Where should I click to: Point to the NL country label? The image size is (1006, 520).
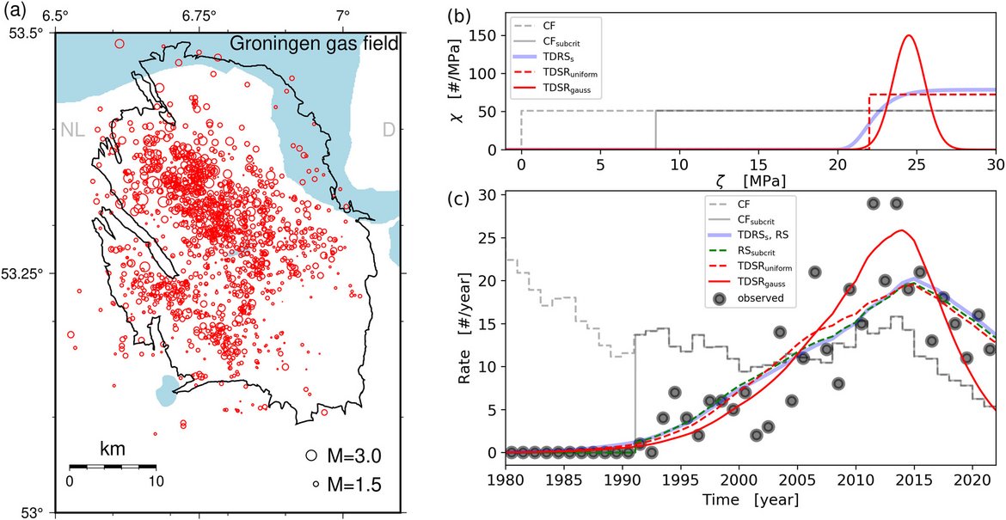(x=73, y=131)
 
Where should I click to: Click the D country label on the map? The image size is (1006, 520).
(x=389, y=130)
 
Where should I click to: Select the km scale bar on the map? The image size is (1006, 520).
(x=112, y=466)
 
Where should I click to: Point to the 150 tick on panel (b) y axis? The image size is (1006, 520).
(x=498, y=35)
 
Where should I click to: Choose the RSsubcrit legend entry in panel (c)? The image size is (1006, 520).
(x=749, y=252)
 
